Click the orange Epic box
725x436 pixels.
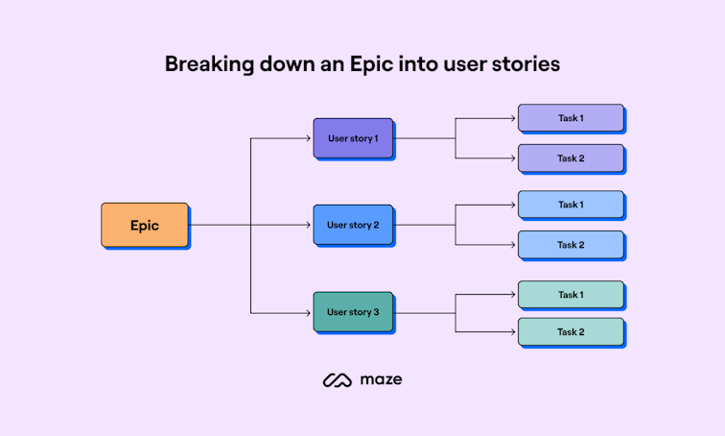[x=145, y=226]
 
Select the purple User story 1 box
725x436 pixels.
[x=353, y=138]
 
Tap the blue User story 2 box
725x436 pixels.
[x=353, y=225]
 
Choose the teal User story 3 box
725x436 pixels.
[x=353, y=312]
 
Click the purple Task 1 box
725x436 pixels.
[x=571, y=118]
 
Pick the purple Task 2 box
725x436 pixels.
[x=571, y=158]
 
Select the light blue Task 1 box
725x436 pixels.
[x=571, y=205]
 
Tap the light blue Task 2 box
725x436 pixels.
[x=571, y=245]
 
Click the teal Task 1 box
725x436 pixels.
[x=571, y=295]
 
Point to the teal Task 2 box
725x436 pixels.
[x=571, y=332]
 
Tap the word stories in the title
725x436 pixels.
[x=526, y=64]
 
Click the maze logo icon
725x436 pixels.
[x=338, y=380]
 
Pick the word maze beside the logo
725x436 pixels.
[x=381, y=380]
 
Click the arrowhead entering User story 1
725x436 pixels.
[x=309, y=138]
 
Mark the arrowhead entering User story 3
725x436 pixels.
[x=309, y=312]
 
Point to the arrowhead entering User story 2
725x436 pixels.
[x=309, y=226]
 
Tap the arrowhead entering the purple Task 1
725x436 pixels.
[x=514, y=118]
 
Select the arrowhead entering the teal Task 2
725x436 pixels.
[x=514, y=332]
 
